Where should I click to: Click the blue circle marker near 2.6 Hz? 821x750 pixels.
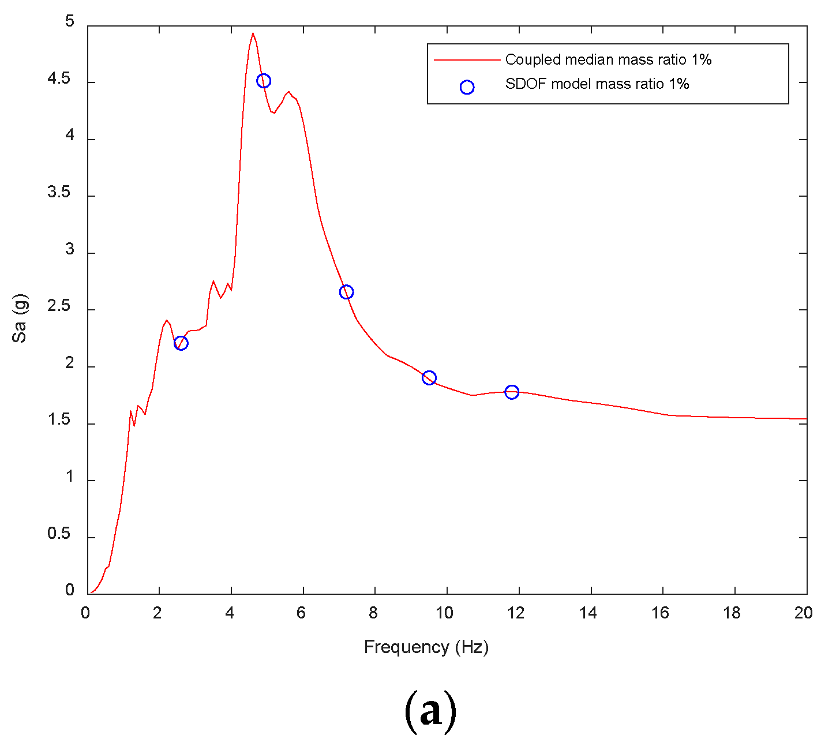(x=181, y=343)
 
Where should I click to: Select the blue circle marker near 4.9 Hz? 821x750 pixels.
(x=263, y=81)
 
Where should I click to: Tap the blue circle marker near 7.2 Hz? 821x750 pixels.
(x=346, y=292)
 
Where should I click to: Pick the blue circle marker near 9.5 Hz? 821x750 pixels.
(x=429, y=378)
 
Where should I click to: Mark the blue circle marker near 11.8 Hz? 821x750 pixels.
(x=512, y=392)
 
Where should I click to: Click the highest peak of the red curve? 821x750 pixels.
(x=253, y=33)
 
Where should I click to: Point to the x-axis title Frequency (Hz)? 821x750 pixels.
(x=426, y=647)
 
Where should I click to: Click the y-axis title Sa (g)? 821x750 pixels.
(x=20, y=318)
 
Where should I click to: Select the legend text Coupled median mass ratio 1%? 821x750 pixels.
(x=608, y=59)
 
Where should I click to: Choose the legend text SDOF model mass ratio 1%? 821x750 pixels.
(x=597, y=84)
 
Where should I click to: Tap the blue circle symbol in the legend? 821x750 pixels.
(x=467, y=87)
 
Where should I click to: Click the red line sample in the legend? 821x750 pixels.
(x=467, y=59)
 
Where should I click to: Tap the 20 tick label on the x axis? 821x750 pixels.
(x=803, y=613)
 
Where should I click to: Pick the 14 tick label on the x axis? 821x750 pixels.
(x=588, y=613)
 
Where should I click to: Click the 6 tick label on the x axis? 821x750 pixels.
(x=301, y=613)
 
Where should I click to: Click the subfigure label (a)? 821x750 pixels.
(x=430, y=711)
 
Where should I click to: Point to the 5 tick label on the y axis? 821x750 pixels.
(x=70, y=22)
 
